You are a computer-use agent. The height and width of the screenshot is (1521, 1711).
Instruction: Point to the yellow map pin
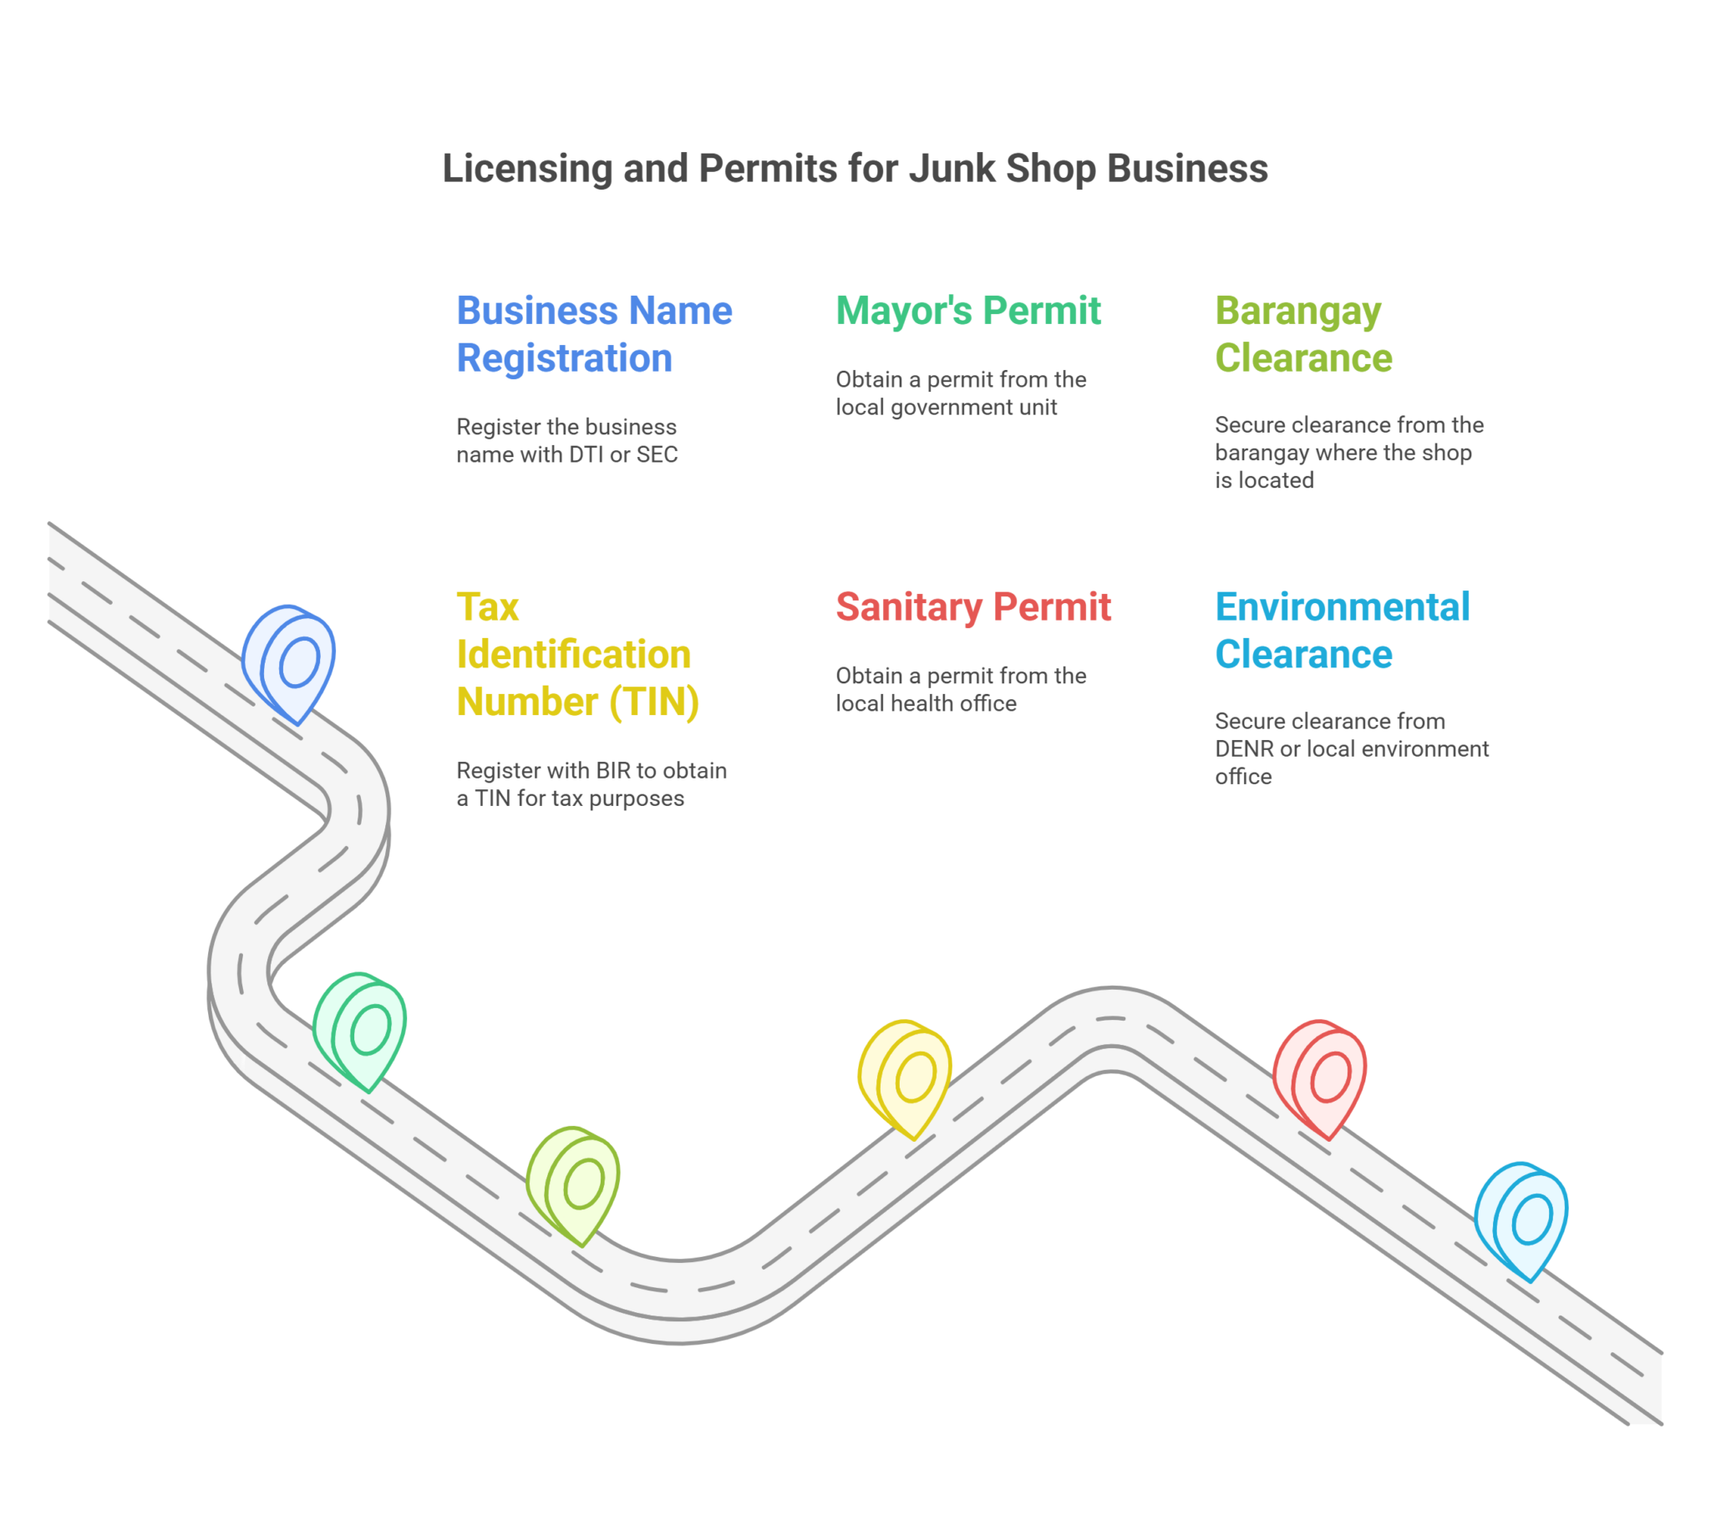point(906,1077)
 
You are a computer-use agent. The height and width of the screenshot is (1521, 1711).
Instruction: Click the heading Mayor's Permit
point(968,311)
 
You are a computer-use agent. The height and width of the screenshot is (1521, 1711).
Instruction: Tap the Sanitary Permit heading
point(973,607)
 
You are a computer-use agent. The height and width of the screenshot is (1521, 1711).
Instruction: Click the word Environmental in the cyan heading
point(1342,607)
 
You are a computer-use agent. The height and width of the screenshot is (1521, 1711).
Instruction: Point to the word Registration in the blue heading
point(564,358)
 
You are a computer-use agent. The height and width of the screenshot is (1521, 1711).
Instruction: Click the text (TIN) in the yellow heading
point(653,702)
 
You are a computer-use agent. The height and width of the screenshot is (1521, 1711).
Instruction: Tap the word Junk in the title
point(952,168)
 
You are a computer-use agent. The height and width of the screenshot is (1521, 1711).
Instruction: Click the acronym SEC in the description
point(657,454)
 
